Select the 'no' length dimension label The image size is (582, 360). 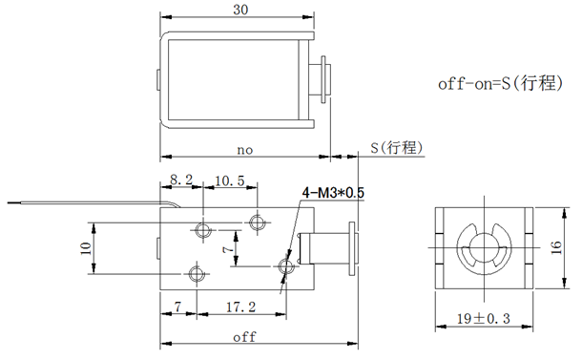244,150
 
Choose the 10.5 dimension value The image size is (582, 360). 229,180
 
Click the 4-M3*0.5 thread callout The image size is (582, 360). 333,193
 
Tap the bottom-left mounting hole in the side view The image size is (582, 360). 197,273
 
